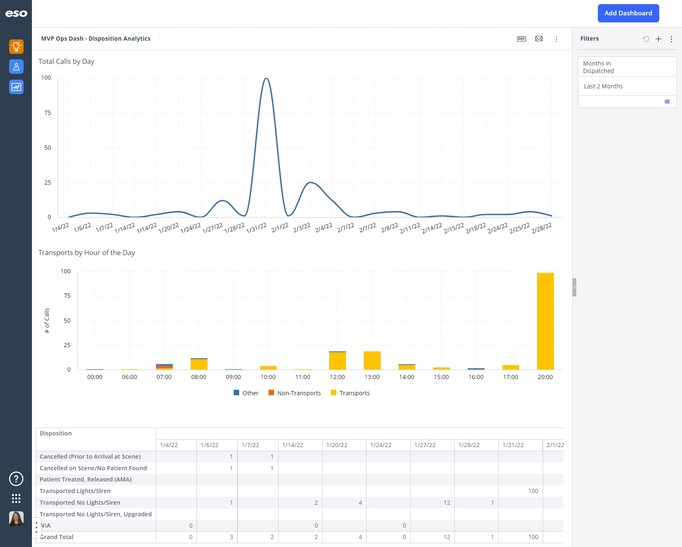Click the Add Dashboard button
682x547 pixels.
pos(628,13)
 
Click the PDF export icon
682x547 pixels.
pos(522,39)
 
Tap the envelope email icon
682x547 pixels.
pos(539,39)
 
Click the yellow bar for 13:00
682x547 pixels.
pos(372,360)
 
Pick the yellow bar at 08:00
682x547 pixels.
pos(199,364)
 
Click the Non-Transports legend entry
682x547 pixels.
pos(294,393)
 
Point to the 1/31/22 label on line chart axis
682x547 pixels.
pos(257,228)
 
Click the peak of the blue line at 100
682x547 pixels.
pos(267,78)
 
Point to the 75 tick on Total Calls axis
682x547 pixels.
pos(48,113)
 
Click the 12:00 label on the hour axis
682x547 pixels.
pos(337,377)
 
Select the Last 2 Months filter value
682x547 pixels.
pos(603,86)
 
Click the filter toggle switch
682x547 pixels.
pos(669,102)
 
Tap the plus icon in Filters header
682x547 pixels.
pos(658,39)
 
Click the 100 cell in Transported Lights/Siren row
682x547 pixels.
pos(533,491)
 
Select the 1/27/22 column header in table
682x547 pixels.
pos(425,445)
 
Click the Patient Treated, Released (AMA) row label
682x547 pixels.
pos(85,479)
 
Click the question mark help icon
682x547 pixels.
pos(16,479)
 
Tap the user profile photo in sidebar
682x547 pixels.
pos(16,518)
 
